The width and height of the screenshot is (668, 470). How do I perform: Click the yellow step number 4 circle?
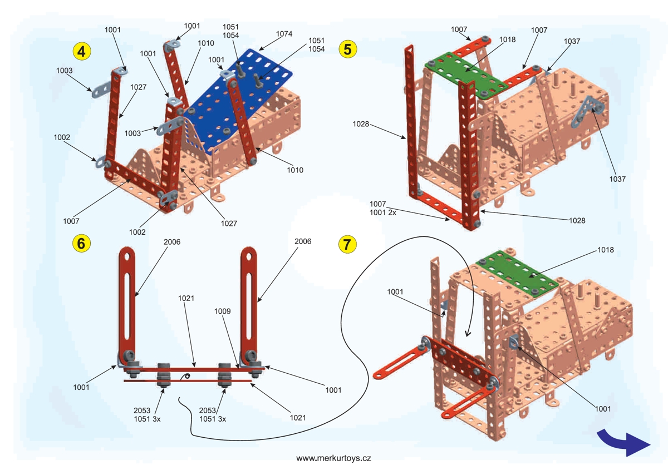[x=82, y=52]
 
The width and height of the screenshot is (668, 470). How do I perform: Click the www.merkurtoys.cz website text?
[x=333, y=458]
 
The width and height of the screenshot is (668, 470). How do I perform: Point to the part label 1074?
[x=284, y=33]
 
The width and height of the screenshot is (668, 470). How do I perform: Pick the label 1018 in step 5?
[x=507, y=39]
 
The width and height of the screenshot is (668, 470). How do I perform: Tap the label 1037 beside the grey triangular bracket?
[x=617, y=179]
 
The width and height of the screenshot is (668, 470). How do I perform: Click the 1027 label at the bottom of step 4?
[x=228, y=223]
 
